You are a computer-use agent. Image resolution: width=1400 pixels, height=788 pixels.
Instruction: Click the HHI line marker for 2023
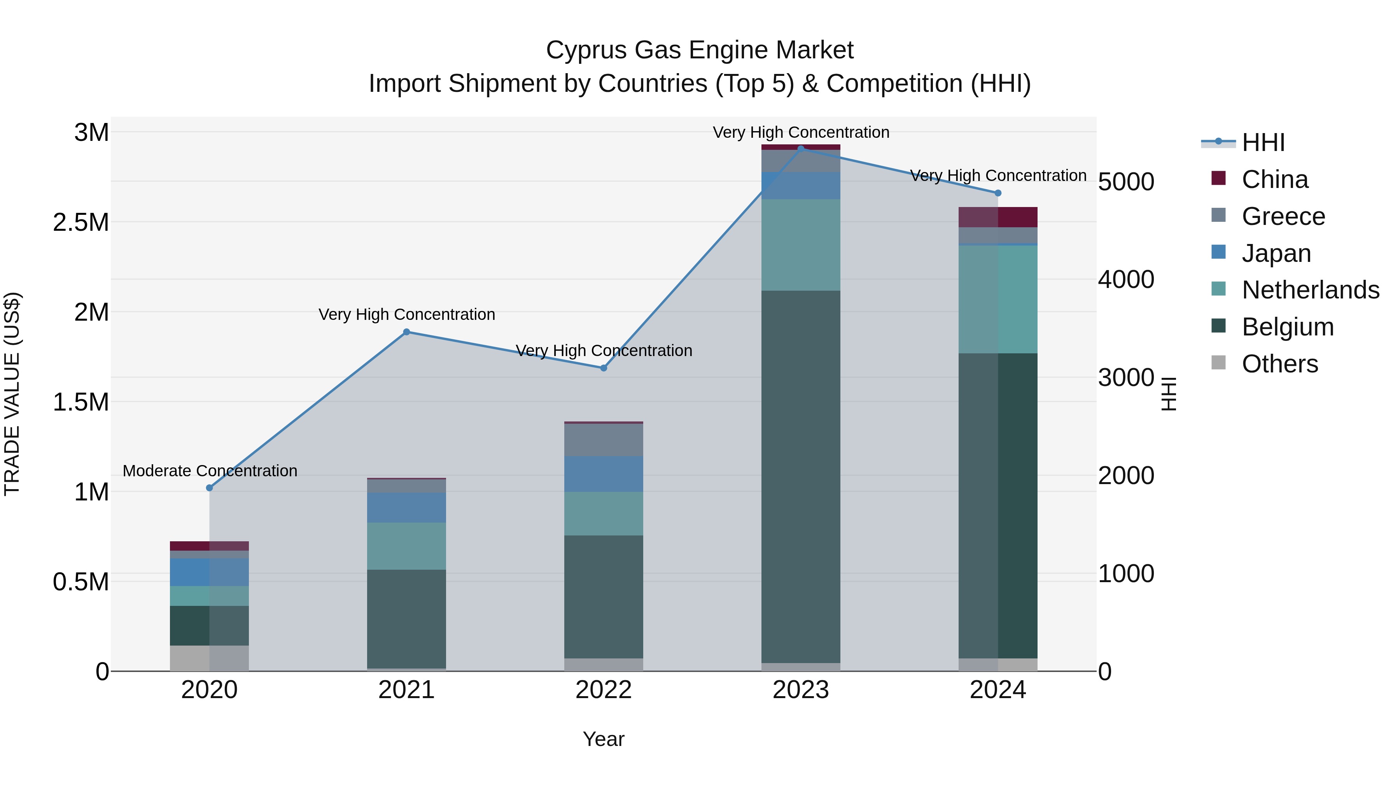801,149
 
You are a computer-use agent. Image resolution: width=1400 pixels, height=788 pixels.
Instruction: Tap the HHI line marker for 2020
209,488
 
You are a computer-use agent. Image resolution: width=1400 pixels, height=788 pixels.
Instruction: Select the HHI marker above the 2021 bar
406,332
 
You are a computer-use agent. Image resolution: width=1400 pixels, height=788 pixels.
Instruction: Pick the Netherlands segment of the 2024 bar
998,299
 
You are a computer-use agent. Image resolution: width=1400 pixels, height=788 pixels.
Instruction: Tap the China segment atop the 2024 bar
998,217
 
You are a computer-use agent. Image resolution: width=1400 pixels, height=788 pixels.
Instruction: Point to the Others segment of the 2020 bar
209,658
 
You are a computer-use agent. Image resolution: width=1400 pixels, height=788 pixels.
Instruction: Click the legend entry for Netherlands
1310,290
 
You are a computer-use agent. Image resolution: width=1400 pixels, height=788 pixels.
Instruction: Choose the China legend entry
1274,179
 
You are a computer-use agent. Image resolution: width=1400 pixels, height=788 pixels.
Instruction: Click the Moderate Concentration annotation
210,470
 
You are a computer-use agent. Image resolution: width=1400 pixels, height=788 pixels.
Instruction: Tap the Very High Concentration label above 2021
406,314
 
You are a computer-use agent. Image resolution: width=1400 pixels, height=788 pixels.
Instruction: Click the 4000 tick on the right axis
1125,279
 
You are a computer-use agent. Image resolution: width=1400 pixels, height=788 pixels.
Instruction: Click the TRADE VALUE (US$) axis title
12,394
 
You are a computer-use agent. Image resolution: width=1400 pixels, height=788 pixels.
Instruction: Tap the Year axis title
603,739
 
